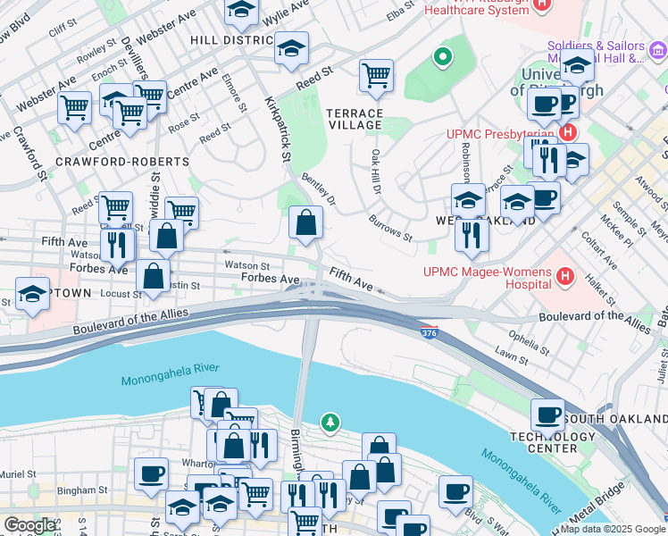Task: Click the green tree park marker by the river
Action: [x=331, y=421]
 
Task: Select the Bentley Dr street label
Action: [x=319, y=188]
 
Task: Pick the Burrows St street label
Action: [x=390, y=228]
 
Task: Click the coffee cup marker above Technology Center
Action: [x=547, y=415]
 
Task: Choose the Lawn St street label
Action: [x=512, y=356]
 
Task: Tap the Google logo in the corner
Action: [x=30, y=525]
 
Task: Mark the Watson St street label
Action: [x=247, y=265]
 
